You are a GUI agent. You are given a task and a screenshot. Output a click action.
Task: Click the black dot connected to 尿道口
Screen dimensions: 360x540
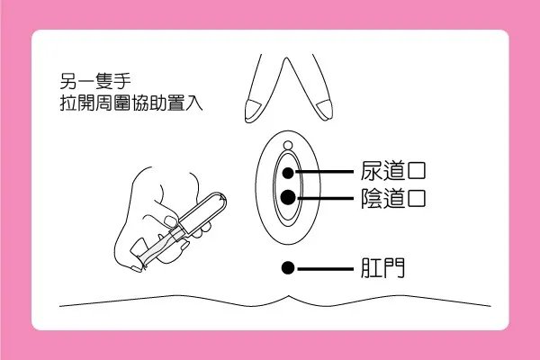click(287, 172)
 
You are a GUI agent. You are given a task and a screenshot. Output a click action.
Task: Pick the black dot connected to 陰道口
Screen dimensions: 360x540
click(287, 197)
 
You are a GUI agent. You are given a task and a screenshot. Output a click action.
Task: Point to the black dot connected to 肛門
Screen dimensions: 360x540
click(287, 267)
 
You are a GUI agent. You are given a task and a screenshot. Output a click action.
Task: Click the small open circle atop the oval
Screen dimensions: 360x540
click(287, 146)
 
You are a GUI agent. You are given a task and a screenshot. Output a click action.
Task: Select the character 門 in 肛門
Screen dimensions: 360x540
click(394, 267)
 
